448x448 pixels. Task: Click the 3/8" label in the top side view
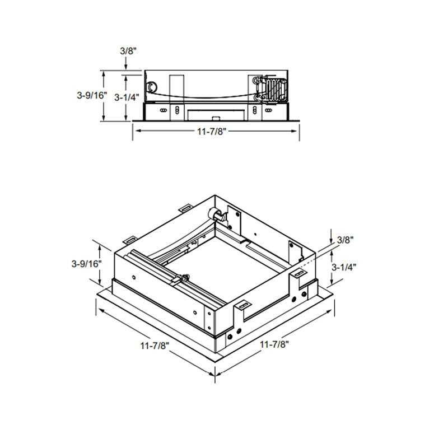(128, 50)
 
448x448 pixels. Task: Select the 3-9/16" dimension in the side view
(91, 95)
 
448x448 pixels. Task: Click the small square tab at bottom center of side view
(216, 118)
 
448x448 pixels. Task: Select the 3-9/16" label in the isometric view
(86, 263)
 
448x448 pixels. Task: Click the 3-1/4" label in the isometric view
(344, 267)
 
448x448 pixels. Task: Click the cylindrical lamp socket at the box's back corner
(214, 213)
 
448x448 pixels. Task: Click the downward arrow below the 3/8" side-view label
(126, 66)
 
